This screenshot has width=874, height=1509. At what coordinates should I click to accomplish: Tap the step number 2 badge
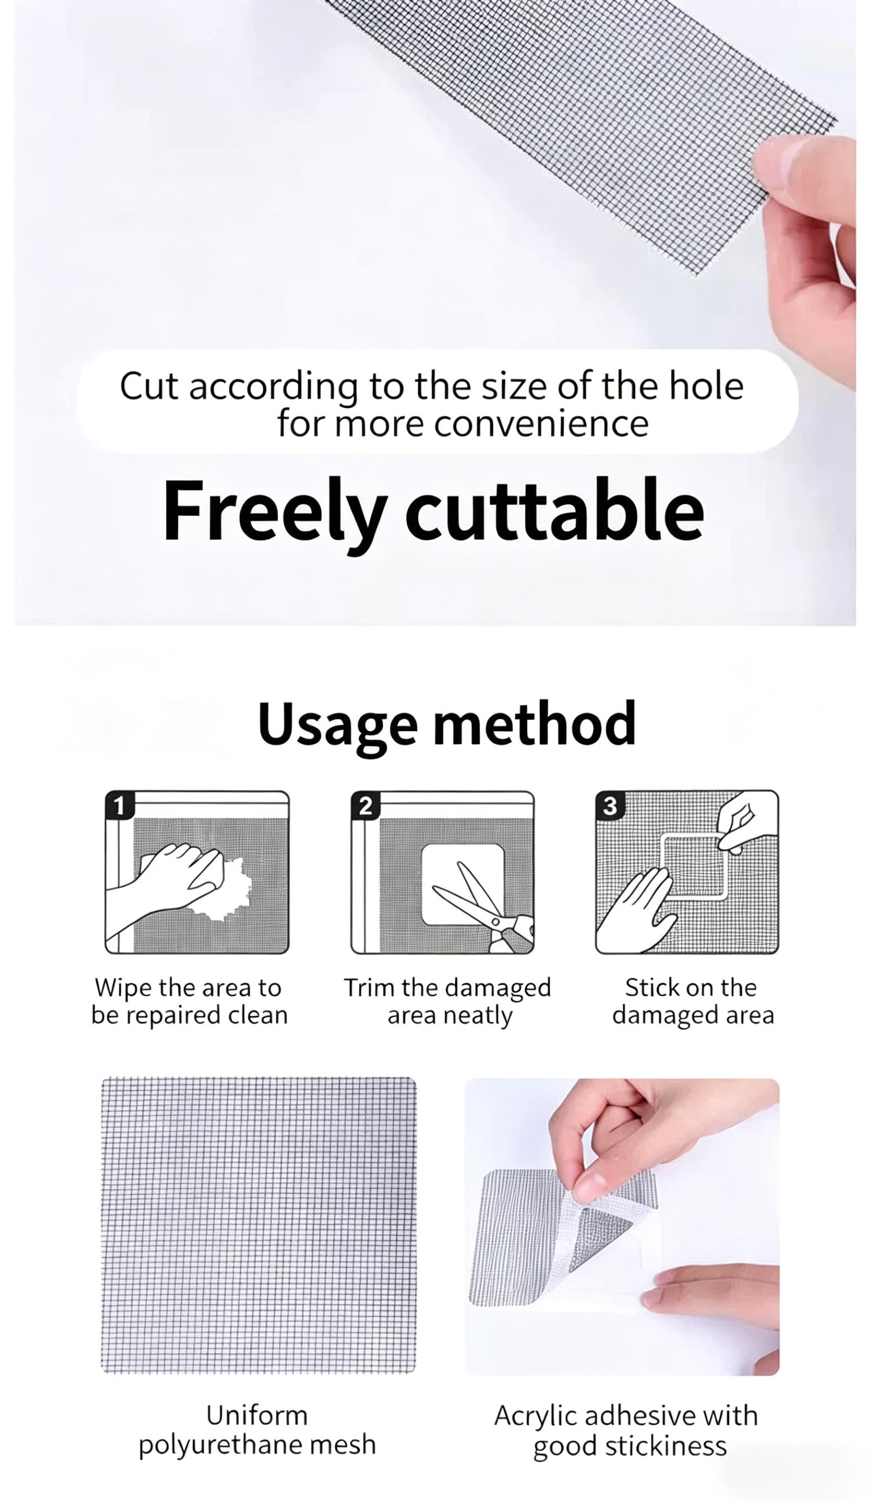pyautogui.click(x=365, y=806)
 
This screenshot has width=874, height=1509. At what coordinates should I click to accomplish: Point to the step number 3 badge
pyautogui.click(x=610, y=806)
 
